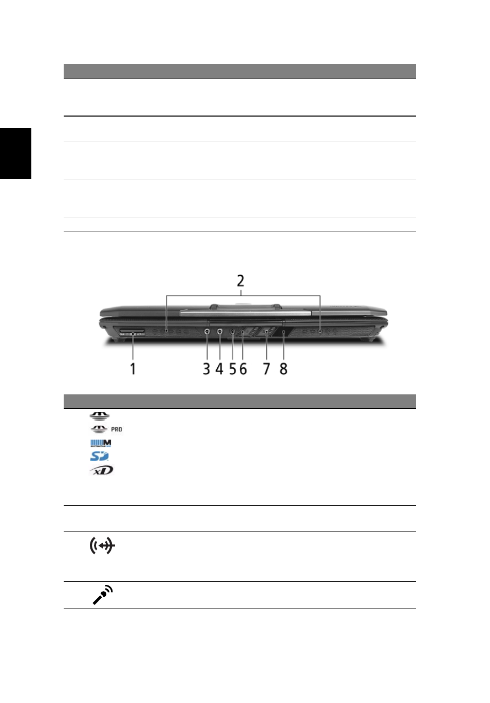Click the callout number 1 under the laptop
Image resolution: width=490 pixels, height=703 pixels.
point(133,369)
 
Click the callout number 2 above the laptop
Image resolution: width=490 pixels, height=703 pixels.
point(240,281)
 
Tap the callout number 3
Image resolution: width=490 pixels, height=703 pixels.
point(206,369)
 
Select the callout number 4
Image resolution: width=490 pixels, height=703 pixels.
point(219,369)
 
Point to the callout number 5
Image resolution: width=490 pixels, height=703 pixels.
point(233,369)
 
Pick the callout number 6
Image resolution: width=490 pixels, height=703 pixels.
point(243,369)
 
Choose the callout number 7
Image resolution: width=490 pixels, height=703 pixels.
point(267,369)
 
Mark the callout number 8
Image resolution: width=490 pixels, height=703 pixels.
point(284,369)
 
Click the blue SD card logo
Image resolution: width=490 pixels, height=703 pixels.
point(99,456)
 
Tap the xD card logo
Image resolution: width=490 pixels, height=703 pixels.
point(101,470)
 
